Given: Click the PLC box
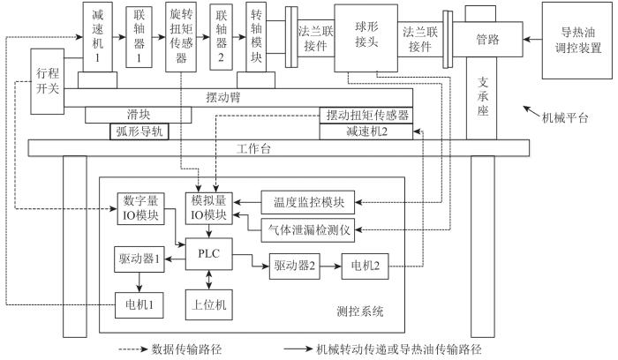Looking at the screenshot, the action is click(x=208, y=254).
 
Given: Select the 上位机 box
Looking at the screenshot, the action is click(x=209, y=304).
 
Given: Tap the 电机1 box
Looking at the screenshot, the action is click(x=139, y=305).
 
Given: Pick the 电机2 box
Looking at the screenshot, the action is click(x=365, y=266).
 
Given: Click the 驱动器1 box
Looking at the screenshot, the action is click(x=139, y=259).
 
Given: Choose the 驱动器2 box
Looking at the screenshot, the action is click(x=294, y=266).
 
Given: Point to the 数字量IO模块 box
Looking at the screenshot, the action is click(x=140, y=209).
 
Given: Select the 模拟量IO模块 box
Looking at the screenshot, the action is click(x=209, y=208).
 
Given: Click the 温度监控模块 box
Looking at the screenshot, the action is click(x=308, y=202).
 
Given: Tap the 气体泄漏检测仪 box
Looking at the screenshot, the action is click(x=308, y=230).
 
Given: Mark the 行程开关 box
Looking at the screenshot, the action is click(x=48, y=81).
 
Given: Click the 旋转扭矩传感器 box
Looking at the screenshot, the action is click(x=181, y=37).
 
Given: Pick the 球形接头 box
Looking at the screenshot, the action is click(x=366, y=38).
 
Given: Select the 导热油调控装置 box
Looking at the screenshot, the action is click(x=577, y=41).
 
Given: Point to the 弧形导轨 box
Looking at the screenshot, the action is click(x=139, y=131).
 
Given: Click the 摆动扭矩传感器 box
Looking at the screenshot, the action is click(x=366, y=116).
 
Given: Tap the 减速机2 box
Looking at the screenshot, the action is click(x=366, y=131).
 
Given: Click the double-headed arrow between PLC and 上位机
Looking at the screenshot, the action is click(x=209, y=280).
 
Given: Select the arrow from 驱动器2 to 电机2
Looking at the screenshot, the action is click(x=331, y=266).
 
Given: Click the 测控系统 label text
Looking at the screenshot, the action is click(x=360, y=311).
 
